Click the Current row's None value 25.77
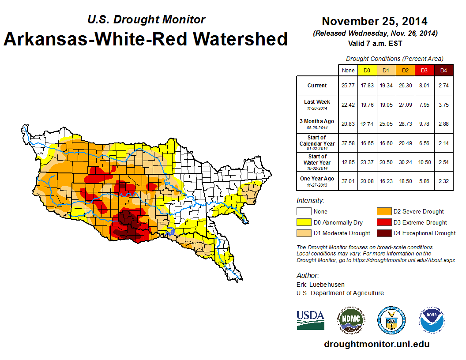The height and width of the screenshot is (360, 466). pos(348,86)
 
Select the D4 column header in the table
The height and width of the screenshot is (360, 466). pos(443,70)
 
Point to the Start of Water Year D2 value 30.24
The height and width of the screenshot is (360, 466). pos(406,162)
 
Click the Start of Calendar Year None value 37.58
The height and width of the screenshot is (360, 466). pos(348,143)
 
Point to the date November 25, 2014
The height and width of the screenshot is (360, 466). pos(374,21)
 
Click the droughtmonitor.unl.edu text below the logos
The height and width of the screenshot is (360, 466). pos(376,344)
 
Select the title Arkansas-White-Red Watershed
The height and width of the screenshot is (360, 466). pos(146,39)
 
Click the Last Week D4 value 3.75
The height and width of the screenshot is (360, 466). pos(443,105)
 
